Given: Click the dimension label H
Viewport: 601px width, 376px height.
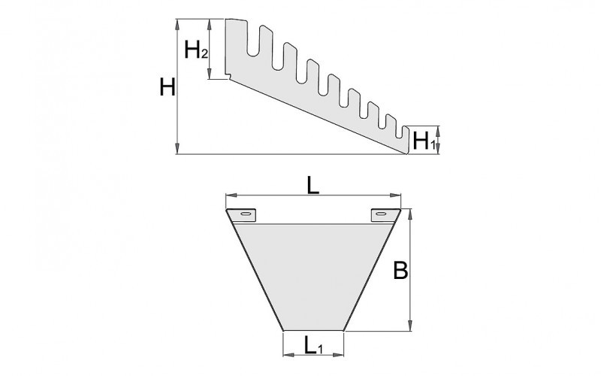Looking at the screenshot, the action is (x=168, y=86).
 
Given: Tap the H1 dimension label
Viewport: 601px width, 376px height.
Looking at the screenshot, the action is (x=424, y=141).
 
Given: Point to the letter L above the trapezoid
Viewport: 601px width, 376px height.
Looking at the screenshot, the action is (x=313, y=186).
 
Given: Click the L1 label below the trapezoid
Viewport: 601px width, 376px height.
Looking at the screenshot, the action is (x=314, y=344).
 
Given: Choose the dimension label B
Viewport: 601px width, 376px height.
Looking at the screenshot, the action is (x=400, y=271).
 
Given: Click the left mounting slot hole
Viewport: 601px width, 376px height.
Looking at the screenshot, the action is (x=246, y=214).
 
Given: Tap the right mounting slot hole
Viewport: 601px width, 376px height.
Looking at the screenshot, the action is (x=380, y=214).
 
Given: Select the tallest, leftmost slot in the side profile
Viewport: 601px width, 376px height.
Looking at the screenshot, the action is (x=254, y=41).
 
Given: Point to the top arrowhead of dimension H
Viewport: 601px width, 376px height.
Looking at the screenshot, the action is (x=177, y=24).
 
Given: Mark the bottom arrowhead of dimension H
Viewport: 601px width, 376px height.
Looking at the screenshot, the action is (x=177, y=148).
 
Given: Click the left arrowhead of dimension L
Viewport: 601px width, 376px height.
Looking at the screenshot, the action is (x=231, y=196).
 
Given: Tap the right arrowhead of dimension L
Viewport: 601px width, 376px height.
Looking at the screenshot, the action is (x=395, y=196).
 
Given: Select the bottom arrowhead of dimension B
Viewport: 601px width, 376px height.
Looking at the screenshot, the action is (x=410, y=325).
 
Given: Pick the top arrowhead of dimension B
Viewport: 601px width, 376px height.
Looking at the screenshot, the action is (x=410, y=214).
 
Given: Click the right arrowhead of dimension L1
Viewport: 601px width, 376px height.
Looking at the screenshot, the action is (x=338, y=355).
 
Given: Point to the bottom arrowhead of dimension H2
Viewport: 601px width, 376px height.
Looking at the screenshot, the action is (x=210, y=74).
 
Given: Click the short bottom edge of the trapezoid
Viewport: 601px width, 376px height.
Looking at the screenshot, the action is (x=313, y=330).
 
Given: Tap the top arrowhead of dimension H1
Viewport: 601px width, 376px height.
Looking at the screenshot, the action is (x=439, y=131).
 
